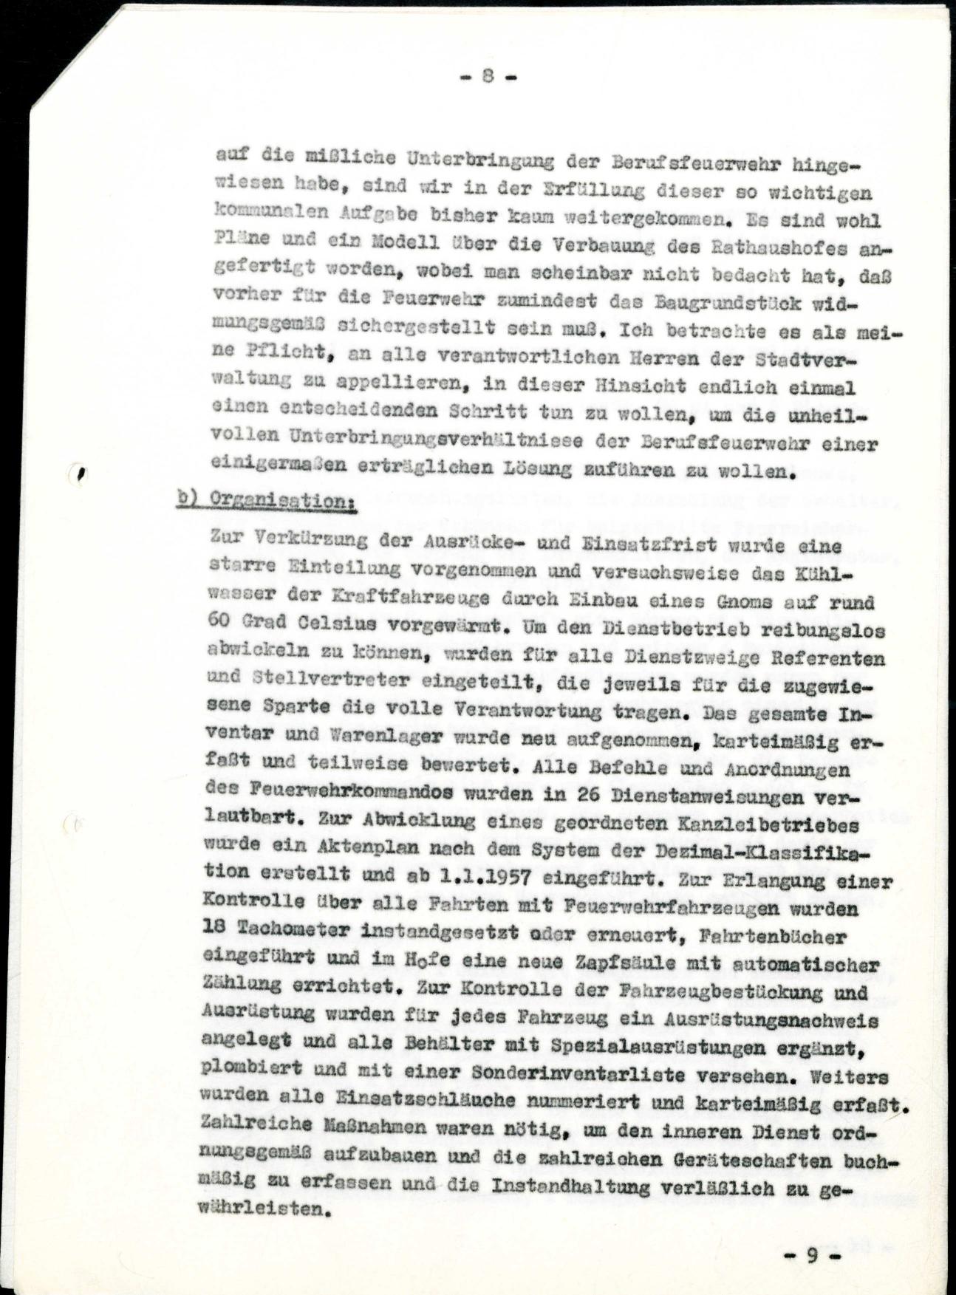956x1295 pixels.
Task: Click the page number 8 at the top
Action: pos(488,76)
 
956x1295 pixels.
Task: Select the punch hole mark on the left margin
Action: pos(79,474)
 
